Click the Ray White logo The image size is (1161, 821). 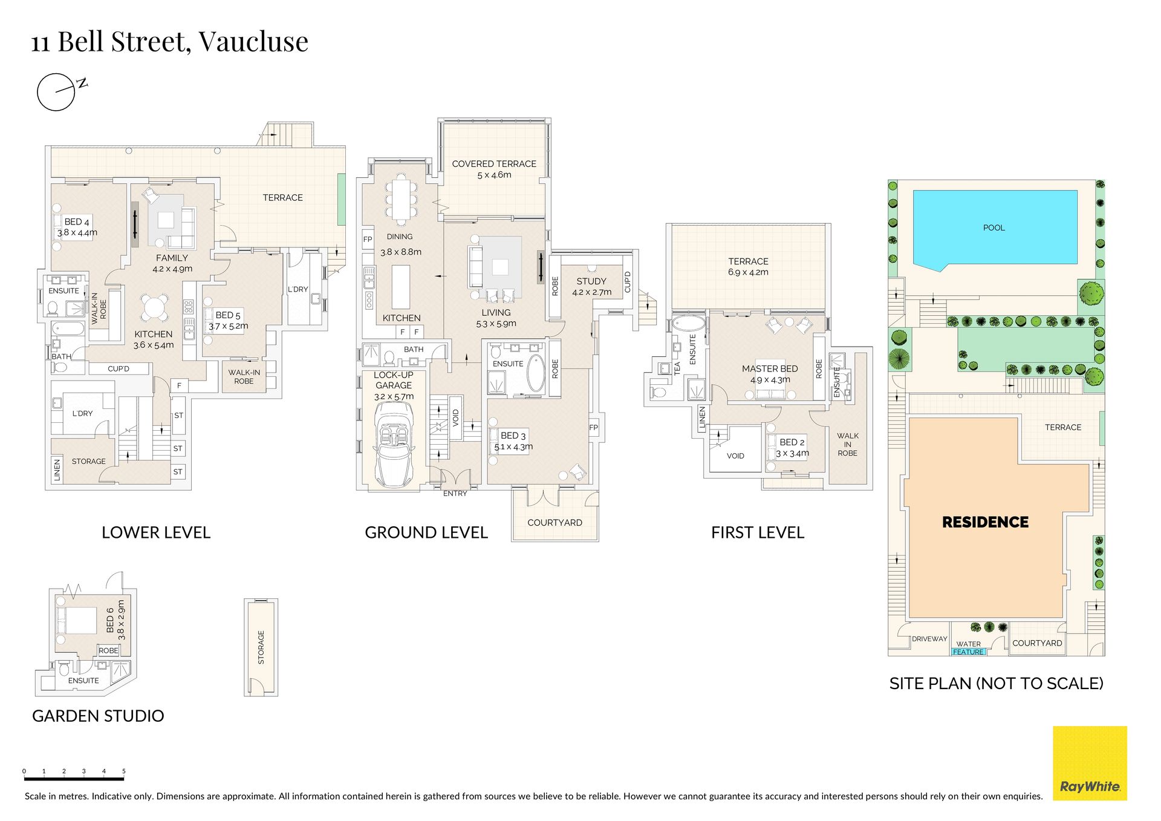tap(1090, 763)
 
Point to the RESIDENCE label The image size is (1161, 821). tap(985, 522)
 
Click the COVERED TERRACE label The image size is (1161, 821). tap(494, 164)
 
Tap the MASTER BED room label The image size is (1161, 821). tap(770, 368)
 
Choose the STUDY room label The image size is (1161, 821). tap(591, 281)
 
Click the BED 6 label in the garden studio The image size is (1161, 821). tap(110, 620)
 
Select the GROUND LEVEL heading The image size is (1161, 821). tap(426, 532)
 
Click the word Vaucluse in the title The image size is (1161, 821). tap(253, 41)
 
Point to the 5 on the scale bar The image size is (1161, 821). tap(124, 771)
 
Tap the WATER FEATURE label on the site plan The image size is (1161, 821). tap(969, 648)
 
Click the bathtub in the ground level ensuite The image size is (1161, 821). tap(535, 373)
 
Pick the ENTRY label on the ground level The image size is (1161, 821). tap(455, 494)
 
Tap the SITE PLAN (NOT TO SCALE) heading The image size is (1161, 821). tap(997, 684)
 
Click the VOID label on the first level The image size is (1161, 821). tap(735, 456)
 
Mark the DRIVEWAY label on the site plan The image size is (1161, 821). tap(929, 639)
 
